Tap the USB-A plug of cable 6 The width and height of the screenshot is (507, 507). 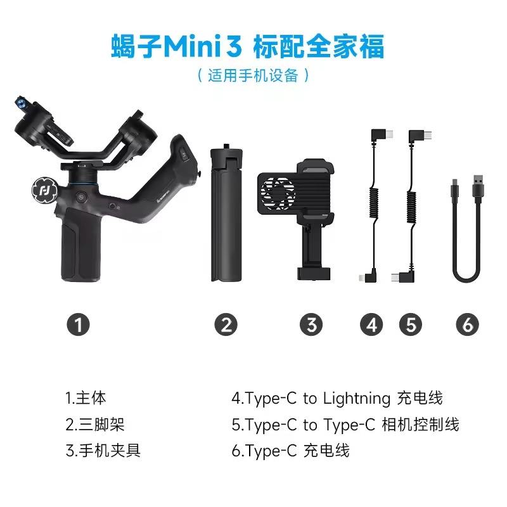[x=477, y=188]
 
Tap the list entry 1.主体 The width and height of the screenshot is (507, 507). [x=86, y=399]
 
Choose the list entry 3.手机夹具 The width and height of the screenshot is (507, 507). [x=103, y=451]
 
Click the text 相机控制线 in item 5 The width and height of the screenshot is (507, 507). [x=421, y=425]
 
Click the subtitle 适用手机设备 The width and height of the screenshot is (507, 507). [x=253, y=75]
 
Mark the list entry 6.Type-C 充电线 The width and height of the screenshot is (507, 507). [x=291, y=451]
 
